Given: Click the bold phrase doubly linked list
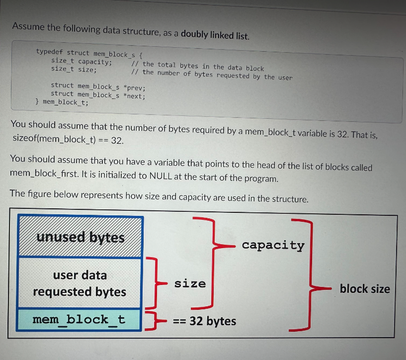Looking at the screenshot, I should coord(215,35).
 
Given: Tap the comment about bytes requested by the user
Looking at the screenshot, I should coord(211,75).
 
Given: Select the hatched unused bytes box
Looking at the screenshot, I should coord(81,237).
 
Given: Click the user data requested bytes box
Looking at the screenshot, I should coord(80,283).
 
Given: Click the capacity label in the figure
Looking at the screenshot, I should coord(273,245).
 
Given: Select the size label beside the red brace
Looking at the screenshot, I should coord(190,284).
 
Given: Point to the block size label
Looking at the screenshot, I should coord(365,289).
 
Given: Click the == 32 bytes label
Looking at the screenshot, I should coord(204,321).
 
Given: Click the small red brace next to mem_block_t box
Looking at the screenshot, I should coord(152,320).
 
